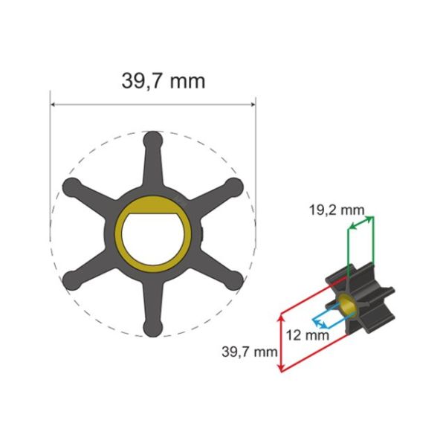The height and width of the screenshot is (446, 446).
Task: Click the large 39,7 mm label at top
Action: pyautogui.click(x=163, y=80)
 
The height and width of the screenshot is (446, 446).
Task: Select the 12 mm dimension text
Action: pyautogui.click(x=306, y=335)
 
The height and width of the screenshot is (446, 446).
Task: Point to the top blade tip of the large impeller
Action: pyautogui.click(x=152, y=139)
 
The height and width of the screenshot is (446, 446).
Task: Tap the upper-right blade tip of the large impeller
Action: pyautogui.click(x=234, y=186)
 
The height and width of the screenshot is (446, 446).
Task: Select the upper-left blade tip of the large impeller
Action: pyautogui.click(x=71, y=186)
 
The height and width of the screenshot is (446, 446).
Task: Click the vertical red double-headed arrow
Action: pyautogui.click(x=279, y=342)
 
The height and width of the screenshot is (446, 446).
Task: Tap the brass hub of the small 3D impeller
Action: pyautogui.click(x=346, y=301)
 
